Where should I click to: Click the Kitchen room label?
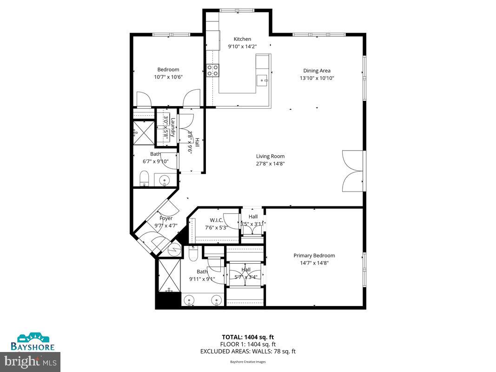pos(242,39)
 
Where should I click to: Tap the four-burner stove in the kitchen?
pos(213,70)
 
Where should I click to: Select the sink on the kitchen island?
pos(263,80)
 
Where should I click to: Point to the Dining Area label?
pos(317,71)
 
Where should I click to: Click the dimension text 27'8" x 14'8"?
pos(270,163)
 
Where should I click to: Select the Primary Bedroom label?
pos(314,255)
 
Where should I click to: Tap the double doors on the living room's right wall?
pos(353,171)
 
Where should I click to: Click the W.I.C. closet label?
pos(217,220)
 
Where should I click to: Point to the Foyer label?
pos(166,219)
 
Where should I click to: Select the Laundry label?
pos(172,127)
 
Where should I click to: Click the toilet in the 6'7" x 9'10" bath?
pos(144,179)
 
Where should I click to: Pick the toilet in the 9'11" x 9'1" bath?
pos(193,253)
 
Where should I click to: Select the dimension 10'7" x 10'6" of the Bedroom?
pos(168,77)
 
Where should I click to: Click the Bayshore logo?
pos(33,342)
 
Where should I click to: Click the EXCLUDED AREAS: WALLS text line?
pos(248,352)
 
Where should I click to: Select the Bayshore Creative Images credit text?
pos(248,361)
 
